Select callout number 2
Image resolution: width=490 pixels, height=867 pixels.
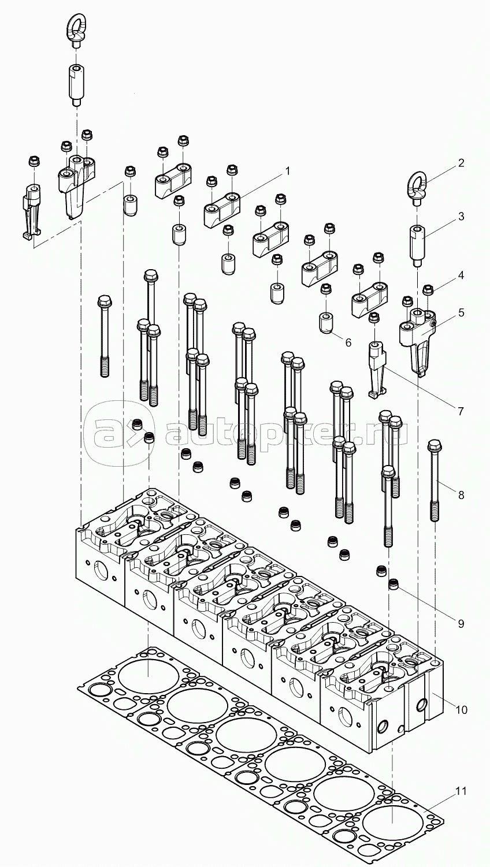coord(461,163)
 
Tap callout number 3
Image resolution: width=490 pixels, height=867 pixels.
coord(461,217)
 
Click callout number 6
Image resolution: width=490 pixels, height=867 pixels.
coord(348,342)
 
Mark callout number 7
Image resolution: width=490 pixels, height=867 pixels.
coord(461,411)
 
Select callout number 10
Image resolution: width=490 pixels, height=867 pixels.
coord(461,708)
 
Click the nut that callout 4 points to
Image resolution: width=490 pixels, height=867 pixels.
coord(428,289)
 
